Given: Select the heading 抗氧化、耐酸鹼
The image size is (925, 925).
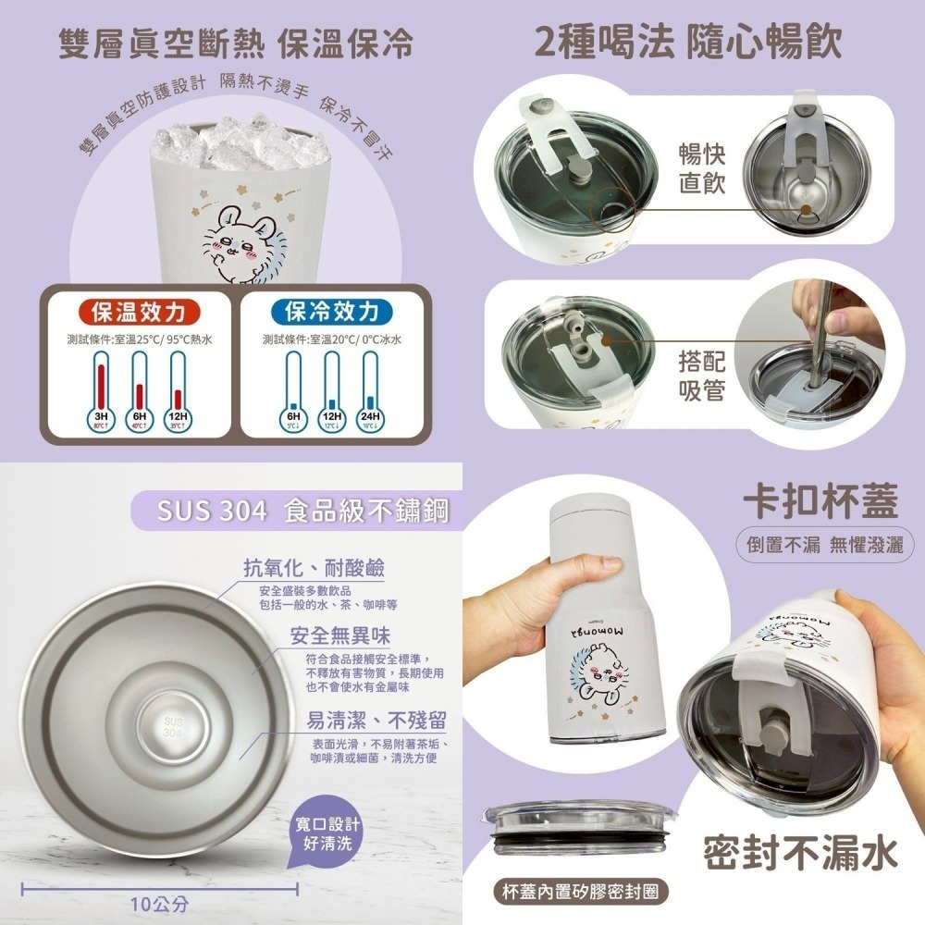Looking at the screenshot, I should [314, 567].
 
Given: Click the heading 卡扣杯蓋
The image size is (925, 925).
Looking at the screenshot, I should [820, 500].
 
